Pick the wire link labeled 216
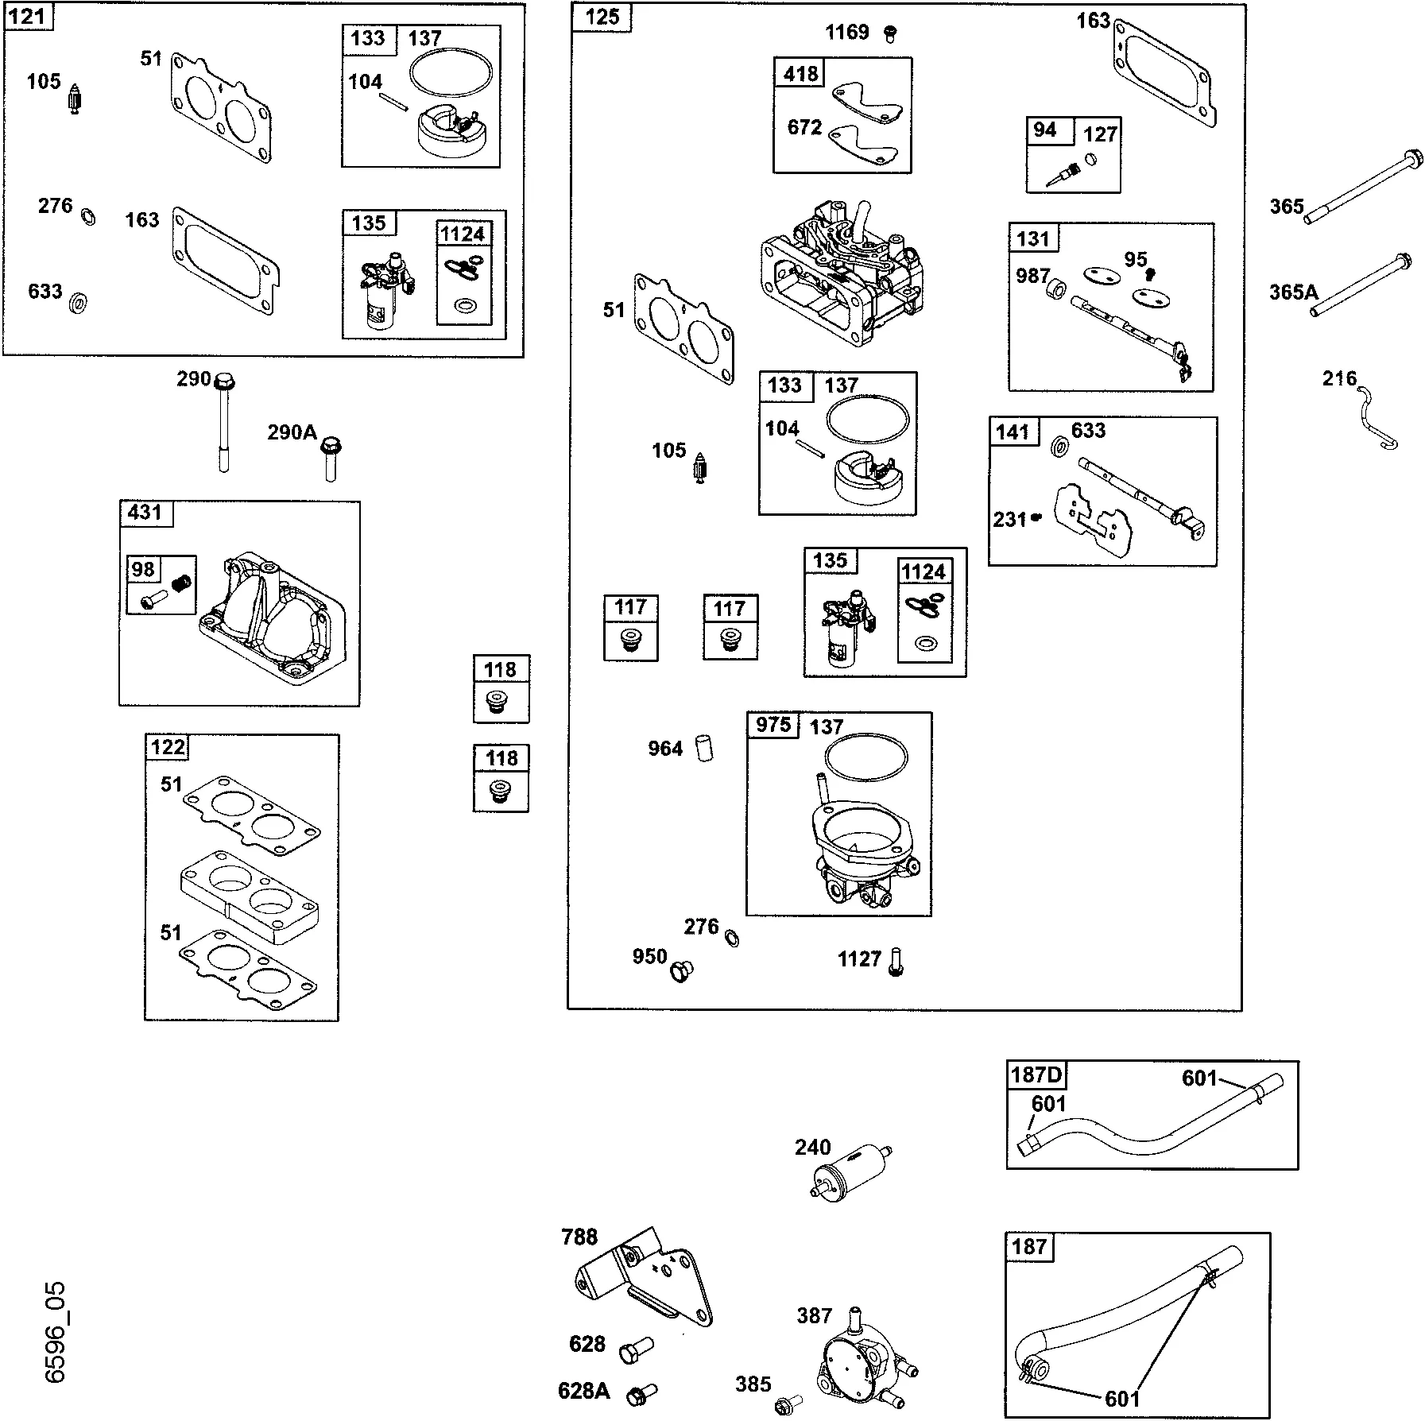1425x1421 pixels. click(1377, 417)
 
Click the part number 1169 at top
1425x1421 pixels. click(847, 33)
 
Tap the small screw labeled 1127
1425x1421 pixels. click(896, 962)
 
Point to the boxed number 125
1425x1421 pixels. click(602, 17)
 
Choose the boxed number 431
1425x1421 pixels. click(145, 513)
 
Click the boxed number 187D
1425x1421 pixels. click(1036, 1074)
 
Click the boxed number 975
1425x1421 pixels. click(773, 725)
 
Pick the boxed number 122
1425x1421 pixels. click(168, 747)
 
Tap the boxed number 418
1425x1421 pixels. click(801, 74)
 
